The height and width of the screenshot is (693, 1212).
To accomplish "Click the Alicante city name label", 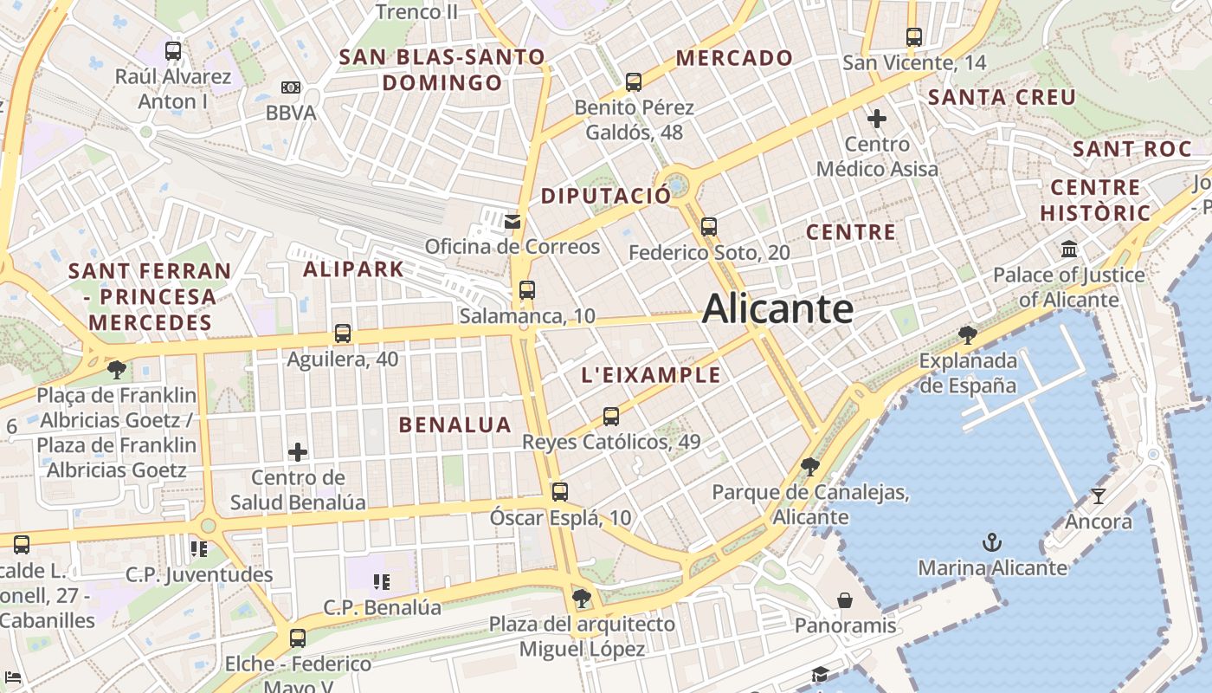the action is [x=777, y=309].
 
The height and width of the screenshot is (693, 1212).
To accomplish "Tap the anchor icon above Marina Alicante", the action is [x=992, y=543].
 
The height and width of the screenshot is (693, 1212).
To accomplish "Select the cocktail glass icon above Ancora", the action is [x=1099, y=496].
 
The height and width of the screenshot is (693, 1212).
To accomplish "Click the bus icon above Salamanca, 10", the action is [x=527, y=290].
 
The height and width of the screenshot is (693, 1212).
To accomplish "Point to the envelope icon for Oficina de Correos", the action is [x=513, y=222].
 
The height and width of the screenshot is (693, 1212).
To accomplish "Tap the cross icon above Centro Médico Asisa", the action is [x=877, y=118].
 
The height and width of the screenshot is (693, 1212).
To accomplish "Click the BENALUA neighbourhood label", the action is [x=455, y=424].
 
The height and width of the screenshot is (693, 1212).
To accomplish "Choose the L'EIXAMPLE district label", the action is [x=651, y=375].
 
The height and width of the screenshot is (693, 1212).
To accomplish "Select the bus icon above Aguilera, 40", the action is [x=343, y=334].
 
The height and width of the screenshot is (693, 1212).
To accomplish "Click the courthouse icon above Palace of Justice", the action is [x=1069, y=249].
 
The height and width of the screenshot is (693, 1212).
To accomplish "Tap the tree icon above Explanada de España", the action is [x=968, y=335].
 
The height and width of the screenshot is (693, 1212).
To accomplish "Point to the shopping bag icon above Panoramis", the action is [x=845, y=600].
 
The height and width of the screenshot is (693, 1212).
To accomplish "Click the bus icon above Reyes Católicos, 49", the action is [x=611, y=417].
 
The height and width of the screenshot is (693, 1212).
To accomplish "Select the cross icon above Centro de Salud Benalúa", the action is [x=298, y=451].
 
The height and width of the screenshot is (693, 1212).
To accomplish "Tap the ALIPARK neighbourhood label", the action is [x=353, y=269].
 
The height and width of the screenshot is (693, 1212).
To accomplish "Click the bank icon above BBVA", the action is [x=291, y=87].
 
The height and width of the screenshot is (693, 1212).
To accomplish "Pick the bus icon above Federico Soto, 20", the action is [x=709, y=227].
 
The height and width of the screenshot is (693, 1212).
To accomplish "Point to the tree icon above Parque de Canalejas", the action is [x=810, y=468].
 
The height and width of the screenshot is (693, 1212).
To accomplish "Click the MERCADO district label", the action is [x=734, y=58].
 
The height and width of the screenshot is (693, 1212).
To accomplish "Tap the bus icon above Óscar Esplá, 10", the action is [x=560, y=492].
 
